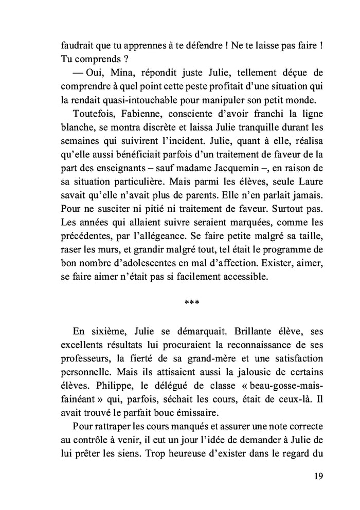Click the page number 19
[x=318, y=476]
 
